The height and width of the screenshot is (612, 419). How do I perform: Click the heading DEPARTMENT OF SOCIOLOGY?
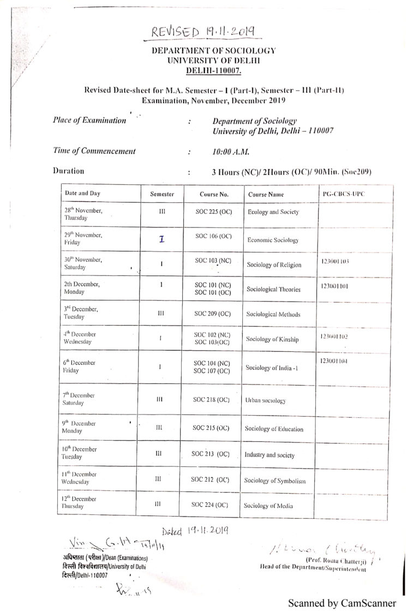tap(214, 50)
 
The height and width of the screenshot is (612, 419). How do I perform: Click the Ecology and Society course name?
tap(273, 212)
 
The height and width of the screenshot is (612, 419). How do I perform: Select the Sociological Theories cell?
tap(273, 289)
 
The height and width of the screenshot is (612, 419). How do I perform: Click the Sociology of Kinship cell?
tap(272, 339)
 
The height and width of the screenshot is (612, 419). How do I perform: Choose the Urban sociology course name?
tap(266, 400)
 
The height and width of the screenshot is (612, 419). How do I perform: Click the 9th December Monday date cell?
tap(80, 427)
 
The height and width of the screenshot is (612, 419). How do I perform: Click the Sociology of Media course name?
tap(270, 506)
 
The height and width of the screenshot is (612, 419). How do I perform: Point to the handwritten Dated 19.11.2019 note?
tap(195, 529)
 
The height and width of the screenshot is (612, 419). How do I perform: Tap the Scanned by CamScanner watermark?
tap(342, 603)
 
